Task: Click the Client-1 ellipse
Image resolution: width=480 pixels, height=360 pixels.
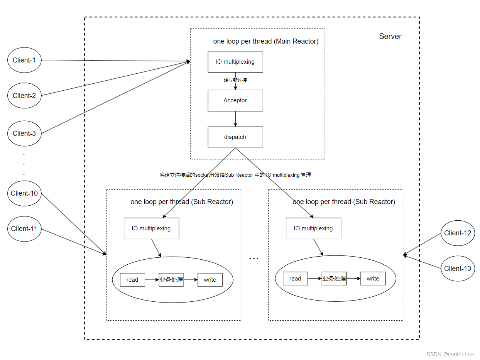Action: point(24,60)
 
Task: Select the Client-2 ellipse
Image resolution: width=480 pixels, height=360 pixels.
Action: point(24,96)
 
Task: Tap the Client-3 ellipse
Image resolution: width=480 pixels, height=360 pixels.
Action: point(24,134)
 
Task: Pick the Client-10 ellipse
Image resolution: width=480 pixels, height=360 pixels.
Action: point(24,193)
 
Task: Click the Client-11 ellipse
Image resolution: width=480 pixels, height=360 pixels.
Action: point(24,229)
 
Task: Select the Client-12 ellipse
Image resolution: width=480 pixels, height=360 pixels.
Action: point(458,233)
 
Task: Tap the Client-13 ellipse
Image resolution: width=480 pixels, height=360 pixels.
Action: point(458,269)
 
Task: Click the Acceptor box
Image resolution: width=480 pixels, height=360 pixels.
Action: point(235,101)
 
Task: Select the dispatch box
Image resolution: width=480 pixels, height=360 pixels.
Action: point(235,137)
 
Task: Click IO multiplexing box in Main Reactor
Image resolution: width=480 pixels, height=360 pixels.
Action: point(235,62)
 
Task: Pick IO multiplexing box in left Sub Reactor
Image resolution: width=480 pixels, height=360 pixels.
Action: point(151,228)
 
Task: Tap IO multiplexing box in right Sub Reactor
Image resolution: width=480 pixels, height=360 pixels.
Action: point(313,228)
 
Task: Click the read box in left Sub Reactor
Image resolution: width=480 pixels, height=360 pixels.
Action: point(132,280)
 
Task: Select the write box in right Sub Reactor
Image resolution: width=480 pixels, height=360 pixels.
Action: point(373,279)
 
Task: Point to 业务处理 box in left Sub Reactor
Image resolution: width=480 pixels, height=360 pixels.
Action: point(171,280)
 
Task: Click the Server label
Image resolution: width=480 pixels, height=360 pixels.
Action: point(390,37)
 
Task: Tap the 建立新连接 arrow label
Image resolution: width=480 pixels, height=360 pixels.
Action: point(235,80)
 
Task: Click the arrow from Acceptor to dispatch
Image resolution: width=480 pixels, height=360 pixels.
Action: point(235,119)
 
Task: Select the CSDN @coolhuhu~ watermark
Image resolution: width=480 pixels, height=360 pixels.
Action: point(450,354)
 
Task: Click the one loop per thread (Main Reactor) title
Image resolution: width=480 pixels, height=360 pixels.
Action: point(266,42)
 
